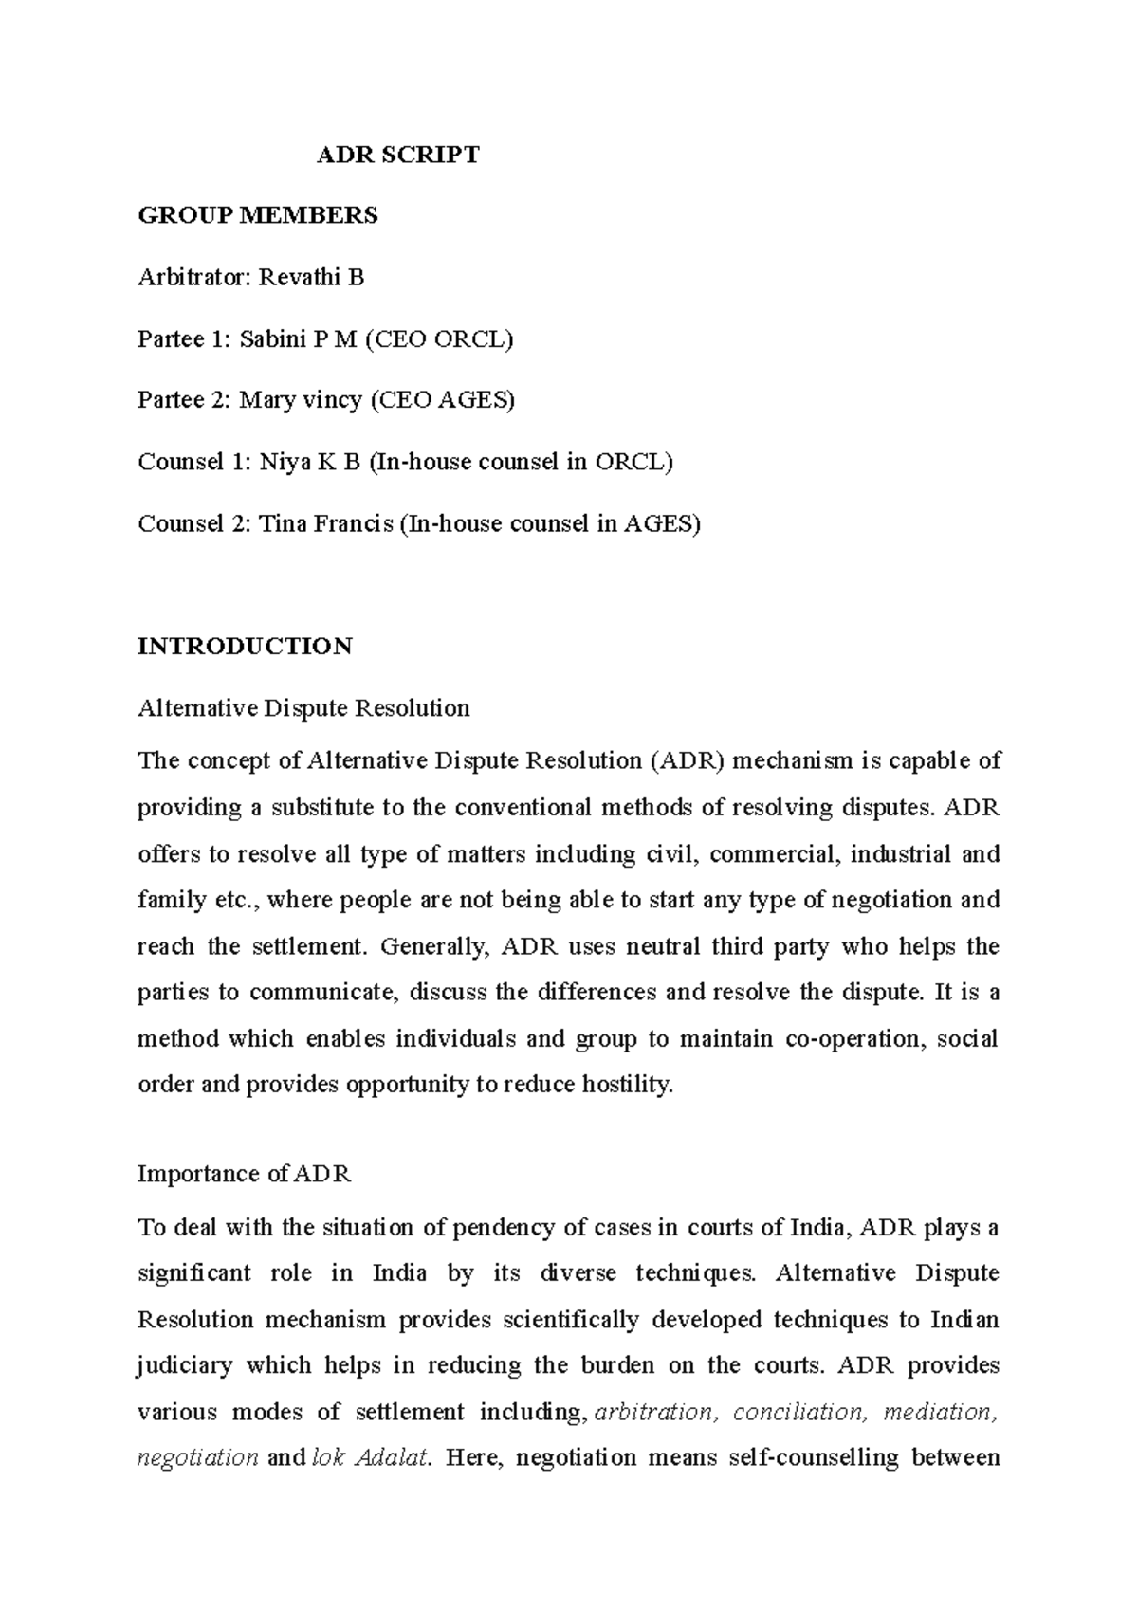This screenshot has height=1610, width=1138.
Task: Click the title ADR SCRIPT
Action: coord(398,155)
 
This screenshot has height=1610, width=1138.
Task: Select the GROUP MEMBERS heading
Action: coord(258,216)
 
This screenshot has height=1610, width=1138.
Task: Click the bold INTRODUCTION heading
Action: coord(245,648)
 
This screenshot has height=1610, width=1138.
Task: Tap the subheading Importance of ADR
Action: coord(245,1175)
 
